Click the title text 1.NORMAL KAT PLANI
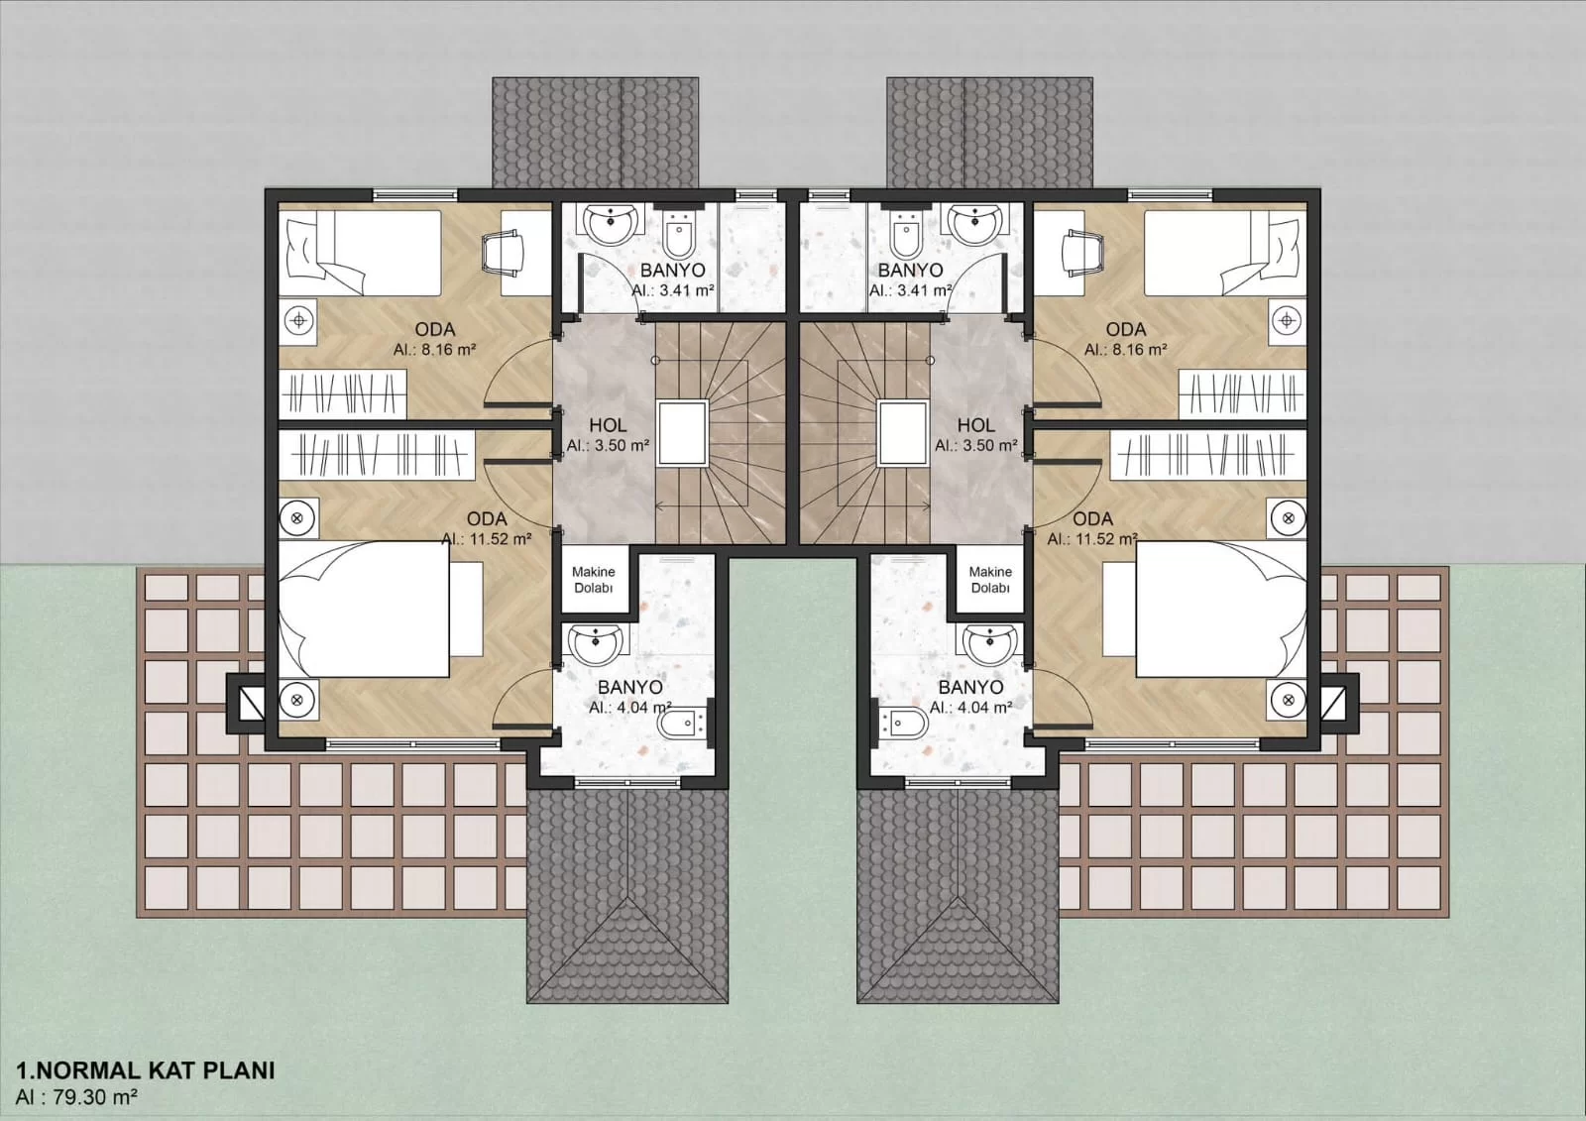[x=146, y=1070]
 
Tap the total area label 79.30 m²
[x=90, y=1097]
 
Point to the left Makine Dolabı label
[x=594, y=579]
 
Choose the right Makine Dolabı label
[x=990, y=579]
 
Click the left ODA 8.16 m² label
[x=435, y=339]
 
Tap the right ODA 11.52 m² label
[x=1092, y=528]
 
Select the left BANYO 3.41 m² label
[x=673, y=279]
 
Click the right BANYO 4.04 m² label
[x=970, y=697]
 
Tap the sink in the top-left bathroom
[x=609, y=223]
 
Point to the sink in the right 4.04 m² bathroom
[x=990, y=645]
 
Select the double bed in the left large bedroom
[x=381, y=609]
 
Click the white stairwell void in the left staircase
[x=683, y=433]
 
